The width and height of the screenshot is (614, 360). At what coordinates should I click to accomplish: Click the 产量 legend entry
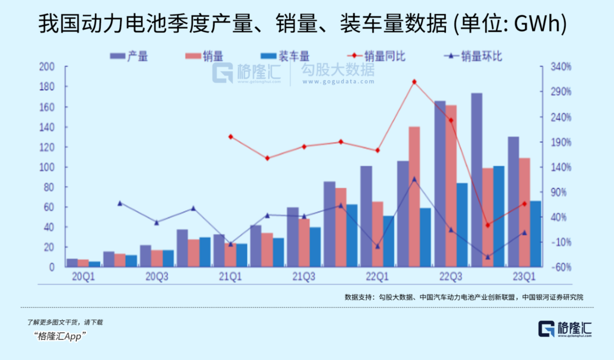[130, 57]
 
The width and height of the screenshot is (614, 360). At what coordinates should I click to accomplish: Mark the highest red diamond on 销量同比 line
[415, 82]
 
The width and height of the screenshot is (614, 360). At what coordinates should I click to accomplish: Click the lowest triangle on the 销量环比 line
[487, 257]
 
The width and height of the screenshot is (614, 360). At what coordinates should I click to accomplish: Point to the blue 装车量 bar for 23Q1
[535, 233]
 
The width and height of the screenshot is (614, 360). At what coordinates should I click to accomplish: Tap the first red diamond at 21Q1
[231, 137]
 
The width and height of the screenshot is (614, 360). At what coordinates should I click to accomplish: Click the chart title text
[306, 24]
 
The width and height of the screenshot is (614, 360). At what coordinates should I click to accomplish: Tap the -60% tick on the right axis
[560, 267]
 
